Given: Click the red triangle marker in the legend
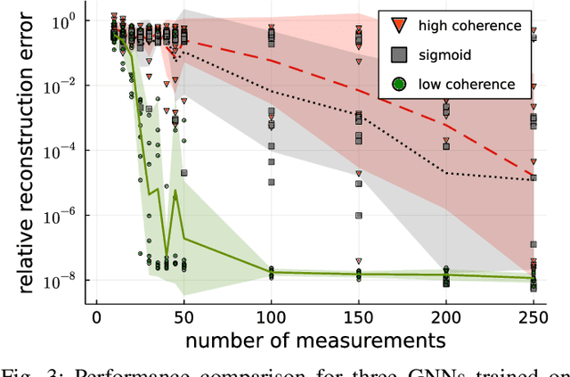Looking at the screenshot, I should pos(398,26).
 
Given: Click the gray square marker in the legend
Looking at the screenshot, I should pos(398,54).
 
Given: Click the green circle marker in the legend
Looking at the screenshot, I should pos(398,84).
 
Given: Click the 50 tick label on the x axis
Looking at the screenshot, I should pos(183,318).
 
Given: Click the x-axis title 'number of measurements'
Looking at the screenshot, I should pos(315,341).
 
